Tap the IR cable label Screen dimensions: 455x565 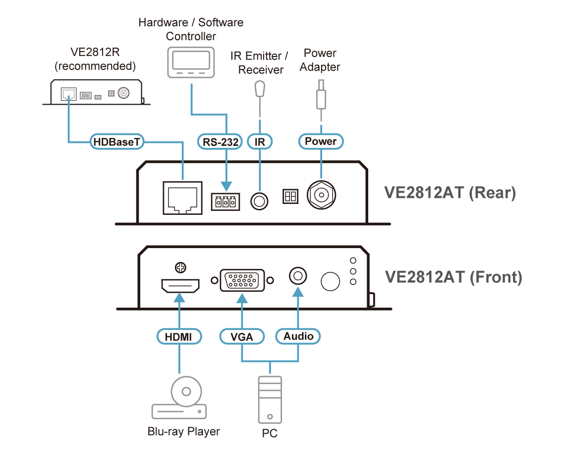coord(260,142)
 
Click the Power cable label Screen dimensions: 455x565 coord(321,141)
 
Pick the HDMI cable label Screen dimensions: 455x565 coord(179,337)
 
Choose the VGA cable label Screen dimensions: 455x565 coord(242,337)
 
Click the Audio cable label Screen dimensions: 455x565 coord(298,336)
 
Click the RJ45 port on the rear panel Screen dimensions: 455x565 coord(182,198)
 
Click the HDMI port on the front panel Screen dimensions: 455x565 coord(179,286)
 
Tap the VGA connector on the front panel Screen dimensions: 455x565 coord(242,280)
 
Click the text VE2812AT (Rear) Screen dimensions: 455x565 coord(450,193)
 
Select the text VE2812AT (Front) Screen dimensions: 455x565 coord(453,276)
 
